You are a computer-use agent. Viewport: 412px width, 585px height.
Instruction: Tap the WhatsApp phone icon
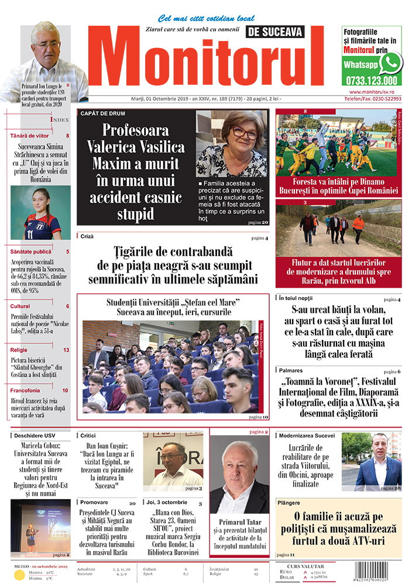390,63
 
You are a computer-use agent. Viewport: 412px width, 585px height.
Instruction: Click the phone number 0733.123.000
372,81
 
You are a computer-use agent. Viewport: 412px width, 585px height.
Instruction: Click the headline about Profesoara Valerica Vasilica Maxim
135,171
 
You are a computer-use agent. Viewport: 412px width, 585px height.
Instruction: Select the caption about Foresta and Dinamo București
339,185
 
